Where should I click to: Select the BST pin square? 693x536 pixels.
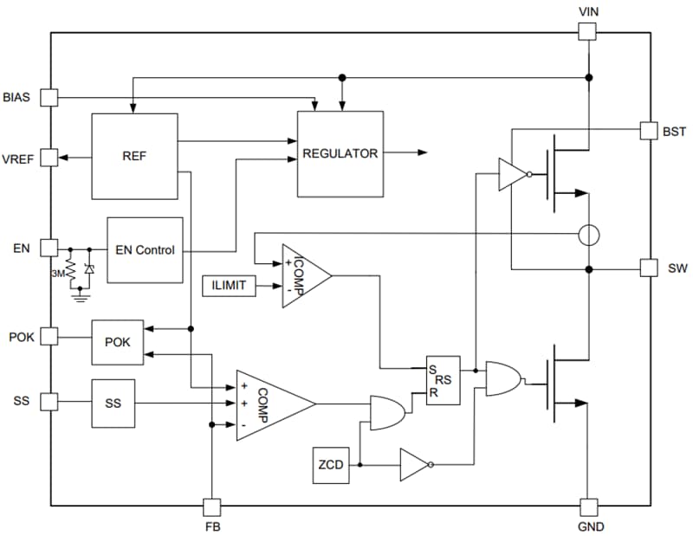tap(649, 130)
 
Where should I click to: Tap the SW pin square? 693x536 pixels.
tap(649, 268)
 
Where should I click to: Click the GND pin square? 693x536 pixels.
tap(588, 507)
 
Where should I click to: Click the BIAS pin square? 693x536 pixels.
tap(49, 97)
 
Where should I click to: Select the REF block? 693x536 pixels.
tap(134, 156)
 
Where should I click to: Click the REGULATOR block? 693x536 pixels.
tap(340, 154)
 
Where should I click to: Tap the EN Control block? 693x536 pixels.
tap(145, 250)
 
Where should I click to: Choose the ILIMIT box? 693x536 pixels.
tap(229, 285)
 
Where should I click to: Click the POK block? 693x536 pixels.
tap(117, 342)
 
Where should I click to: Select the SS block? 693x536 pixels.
tap(113, 403)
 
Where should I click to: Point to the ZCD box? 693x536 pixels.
tap(331, 465)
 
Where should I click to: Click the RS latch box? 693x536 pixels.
tap(443, 379)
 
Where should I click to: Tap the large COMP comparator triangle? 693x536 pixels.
tap(269, 404)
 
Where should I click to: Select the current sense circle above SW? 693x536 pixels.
tap(588, 235)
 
